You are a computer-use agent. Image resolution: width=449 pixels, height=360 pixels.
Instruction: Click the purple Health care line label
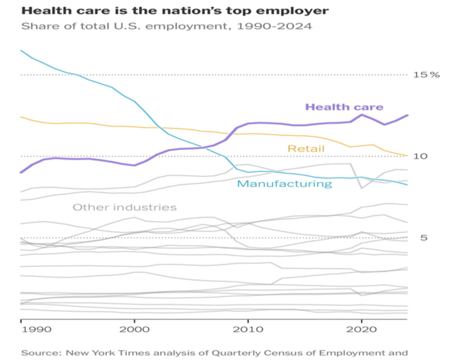click(x=344, y=107)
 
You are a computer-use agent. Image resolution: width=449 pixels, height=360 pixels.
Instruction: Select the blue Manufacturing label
click(x=284, y=184)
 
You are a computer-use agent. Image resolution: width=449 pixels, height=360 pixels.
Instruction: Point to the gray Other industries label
click(x=124, y=207)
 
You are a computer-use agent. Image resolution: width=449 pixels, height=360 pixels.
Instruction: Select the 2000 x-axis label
click(x=134, y=328)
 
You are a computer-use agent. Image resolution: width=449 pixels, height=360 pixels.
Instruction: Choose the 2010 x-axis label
click(x=247, y=328)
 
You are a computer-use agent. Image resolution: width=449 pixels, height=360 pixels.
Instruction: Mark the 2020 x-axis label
click(x=361, y=328)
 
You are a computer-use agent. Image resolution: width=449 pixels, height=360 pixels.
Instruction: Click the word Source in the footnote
click(x=39, y=352)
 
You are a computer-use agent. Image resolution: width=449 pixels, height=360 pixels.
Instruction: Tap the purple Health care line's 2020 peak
click(x=361, y=115)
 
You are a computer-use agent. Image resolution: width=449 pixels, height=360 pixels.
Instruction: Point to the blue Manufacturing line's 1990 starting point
click(x=21, y=51)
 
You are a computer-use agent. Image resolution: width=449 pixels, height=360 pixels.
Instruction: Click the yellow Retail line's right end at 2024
click(x=407, y=155)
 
